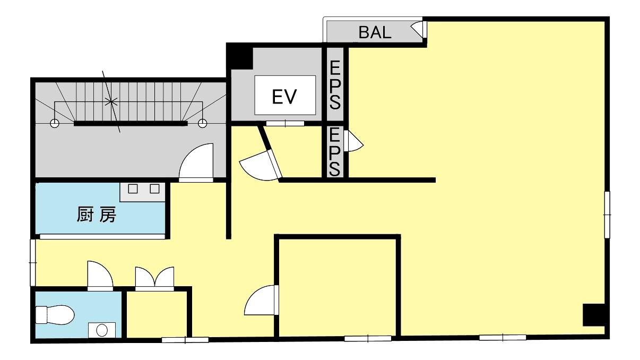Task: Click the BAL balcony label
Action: pos(375,32)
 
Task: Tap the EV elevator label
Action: pos(284,97)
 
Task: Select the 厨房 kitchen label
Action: pos(96,215)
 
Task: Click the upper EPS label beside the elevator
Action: pos(335,85)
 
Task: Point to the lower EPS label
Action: pos(335,152)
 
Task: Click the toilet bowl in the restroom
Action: pos(55,315)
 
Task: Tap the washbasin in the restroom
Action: pos(102,330)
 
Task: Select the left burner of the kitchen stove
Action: pos(133,188)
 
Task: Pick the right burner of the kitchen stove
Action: pos(154,188)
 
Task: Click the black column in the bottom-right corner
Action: pos(594,315)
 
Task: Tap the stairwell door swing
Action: pos(196,162)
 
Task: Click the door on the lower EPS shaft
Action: pos(354,141)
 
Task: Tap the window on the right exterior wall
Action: pos(607,215)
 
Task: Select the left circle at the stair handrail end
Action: pos(54,124)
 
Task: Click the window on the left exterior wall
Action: pos(33,262)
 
